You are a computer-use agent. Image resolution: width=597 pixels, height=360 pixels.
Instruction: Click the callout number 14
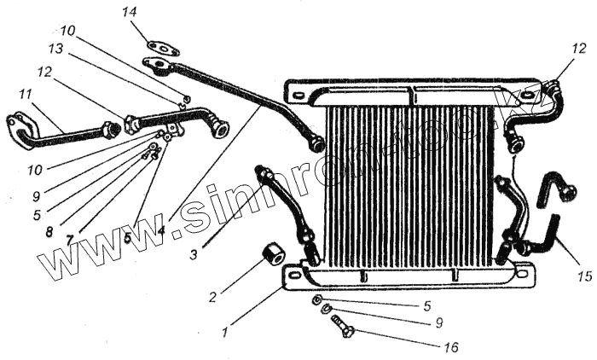129,13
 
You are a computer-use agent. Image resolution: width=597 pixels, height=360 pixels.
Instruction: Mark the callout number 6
127,237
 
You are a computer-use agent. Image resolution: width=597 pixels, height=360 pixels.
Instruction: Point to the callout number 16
451,347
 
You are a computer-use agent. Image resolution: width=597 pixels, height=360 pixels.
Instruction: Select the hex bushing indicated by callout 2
274,254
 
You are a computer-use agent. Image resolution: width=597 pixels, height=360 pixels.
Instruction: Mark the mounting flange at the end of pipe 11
16,126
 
